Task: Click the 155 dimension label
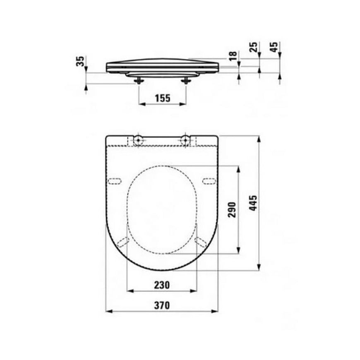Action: tap(163, 98)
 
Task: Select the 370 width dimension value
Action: tap(162, 305)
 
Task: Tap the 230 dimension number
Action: tap(162, 285)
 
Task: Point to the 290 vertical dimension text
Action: tap(231, 209)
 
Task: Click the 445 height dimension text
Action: tap(253, 203)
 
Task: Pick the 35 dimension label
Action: tap(80, 61)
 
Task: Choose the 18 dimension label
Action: tap(233, 56)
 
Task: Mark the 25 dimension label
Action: tap(254, 47)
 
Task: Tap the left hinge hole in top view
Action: tap(138, 140)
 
